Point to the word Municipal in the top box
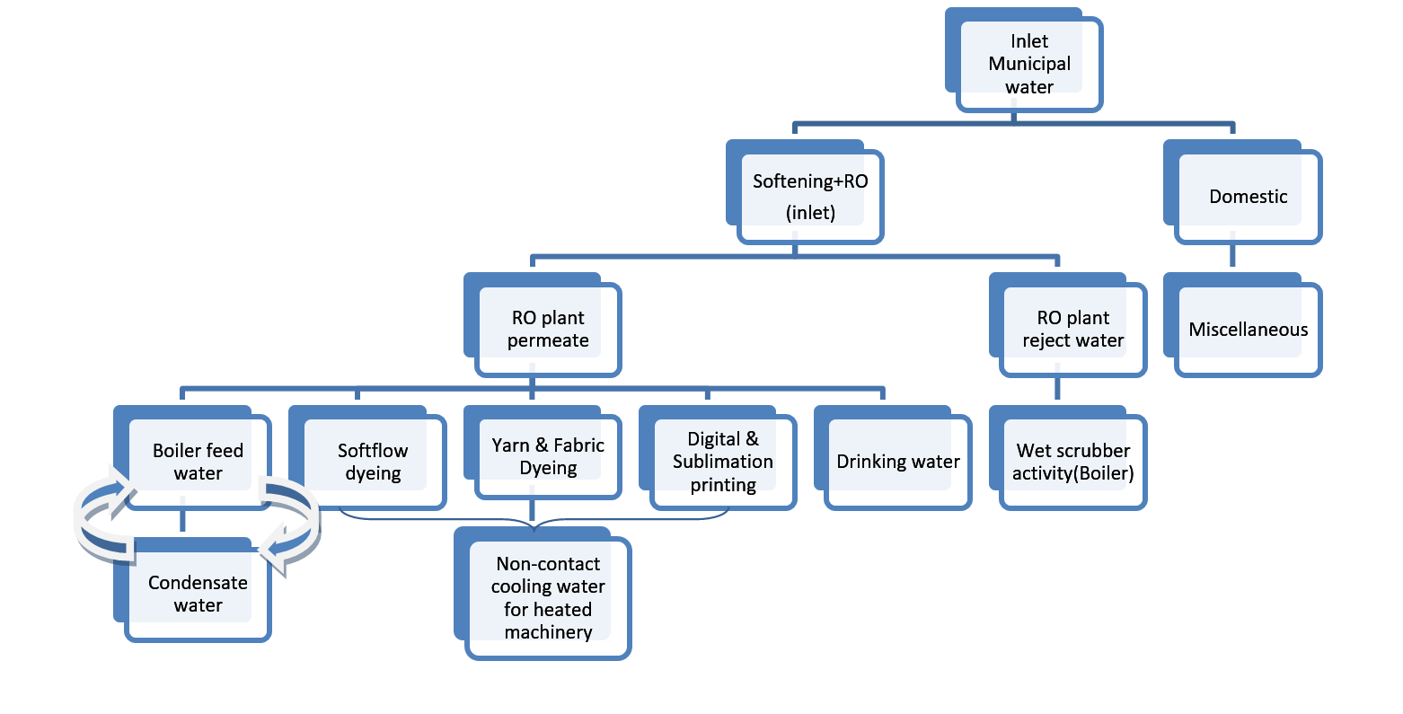[1029, 64]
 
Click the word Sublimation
[723, 462]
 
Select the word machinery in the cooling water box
[548, 632]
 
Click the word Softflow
[373, 450]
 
